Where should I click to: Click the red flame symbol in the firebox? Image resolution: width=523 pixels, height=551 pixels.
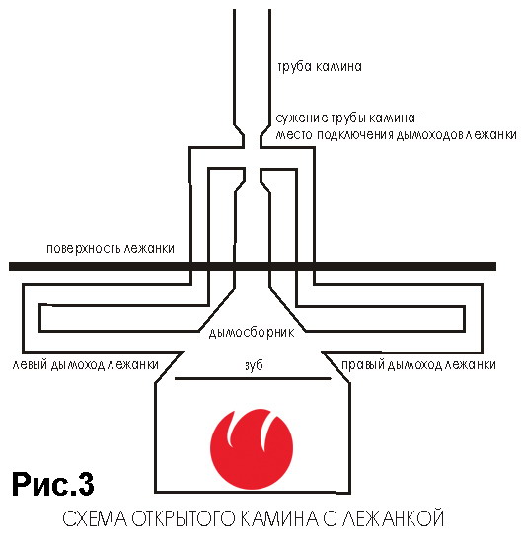point(252,449)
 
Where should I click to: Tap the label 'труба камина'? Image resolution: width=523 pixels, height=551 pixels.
point(320,67)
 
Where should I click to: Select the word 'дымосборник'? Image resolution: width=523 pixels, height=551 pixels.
point(252,332)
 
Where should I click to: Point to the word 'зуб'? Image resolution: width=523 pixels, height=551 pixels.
point(254,365)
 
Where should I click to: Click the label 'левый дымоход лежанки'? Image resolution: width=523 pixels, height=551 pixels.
point(85,365)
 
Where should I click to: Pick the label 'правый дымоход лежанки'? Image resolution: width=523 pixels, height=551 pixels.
point(418,365)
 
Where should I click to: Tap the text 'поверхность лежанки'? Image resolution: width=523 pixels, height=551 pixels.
point(111,249)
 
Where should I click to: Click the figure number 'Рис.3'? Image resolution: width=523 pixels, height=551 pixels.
point(53,484)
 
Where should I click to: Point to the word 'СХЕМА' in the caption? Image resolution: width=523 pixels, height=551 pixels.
point(95,518)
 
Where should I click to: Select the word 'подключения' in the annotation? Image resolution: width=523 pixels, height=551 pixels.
point(355,135)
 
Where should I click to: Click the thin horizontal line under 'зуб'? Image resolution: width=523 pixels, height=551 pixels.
point(253,379)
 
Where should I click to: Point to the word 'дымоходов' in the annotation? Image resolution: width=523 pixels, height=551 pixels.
point(430,135)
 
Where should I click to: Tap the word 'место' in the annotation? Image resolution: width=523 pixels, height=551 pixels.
point(294,135)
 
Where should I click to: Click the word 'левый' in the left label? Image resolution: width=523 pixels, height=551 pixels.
point(30,365)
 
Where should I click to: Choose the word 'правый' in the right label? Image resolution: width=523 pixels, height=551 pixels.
point(363,365)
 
